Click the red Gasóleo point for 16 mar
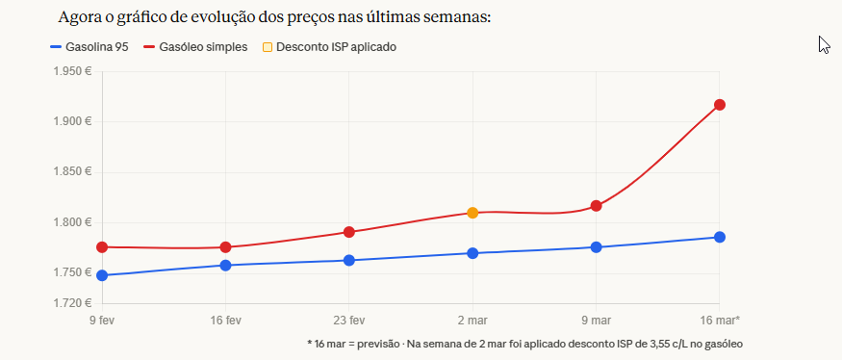(x=719, y=105)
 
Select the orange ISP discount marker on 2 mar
(x=472, y=213)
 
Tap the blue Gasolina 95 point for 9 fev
(x=102, y=275)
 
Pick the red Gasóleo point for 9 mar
(x=596, y=206)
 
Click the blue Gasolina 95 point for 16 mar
(x=719, y=237)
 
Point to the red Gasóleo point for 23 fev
(x=349, y=232)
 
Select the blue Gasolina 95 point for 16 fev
(x=225, y=265)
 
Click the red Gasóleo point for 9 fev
(x=102, y=247)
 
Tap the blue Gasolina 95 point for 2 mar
(x=472, y=253)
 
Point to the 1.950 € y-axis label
(x=71, y=71)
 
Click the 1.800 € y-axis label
(x=71, y=222)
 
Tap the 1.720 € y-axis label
(x=71, y=303)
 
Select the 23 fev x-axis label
(x=349, y=320)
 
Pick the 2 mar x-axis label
(x=472, y=320)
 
